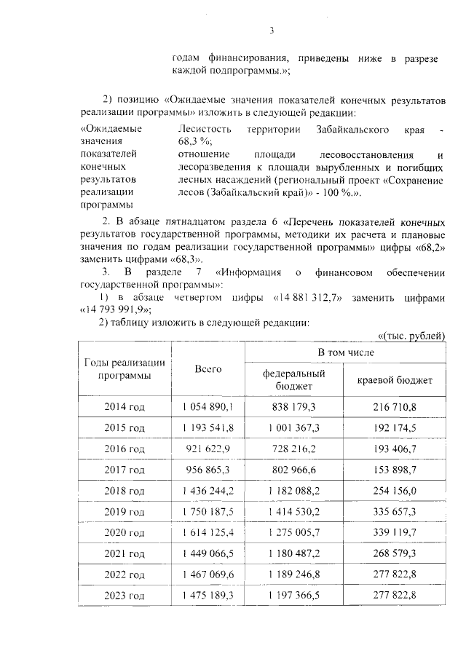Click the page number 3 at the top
pos(272,31)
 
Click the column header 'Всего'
pos(208,368)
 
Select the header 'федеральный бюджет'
pos(293,379)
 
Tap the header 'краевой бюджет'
pos(395,380)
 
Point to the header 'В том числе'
pos(345,352)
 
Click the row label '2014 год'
pos(125,406)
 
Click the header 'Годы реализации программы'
pos(125,368)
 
